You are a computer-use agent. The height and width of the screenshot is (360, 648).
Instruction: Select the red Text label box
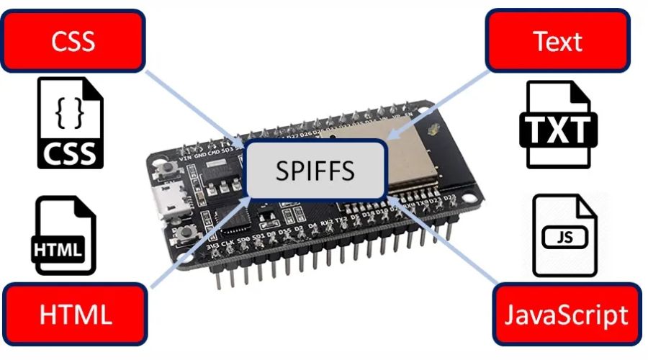click(x=559, y=41)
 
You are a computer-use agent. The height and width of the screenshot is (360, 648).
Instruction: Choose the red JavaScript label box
click(x=567, y=315)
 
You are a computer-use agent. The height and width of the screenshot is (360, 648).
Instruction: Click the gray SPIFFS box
click(x=315, y=170)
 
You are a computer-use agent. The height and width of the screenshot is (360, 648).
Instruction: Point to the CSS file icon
click(x=70, y=122)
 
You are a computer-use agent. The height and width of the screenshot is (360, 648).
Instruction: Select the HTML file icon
click(x=66, y=235)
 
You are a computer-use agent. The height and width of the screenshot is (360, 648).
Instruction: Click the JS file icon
click(x=564, y=235)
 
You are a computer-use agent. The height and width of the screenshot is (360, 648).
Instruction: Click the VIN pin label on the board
click(x=185, y=156)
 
